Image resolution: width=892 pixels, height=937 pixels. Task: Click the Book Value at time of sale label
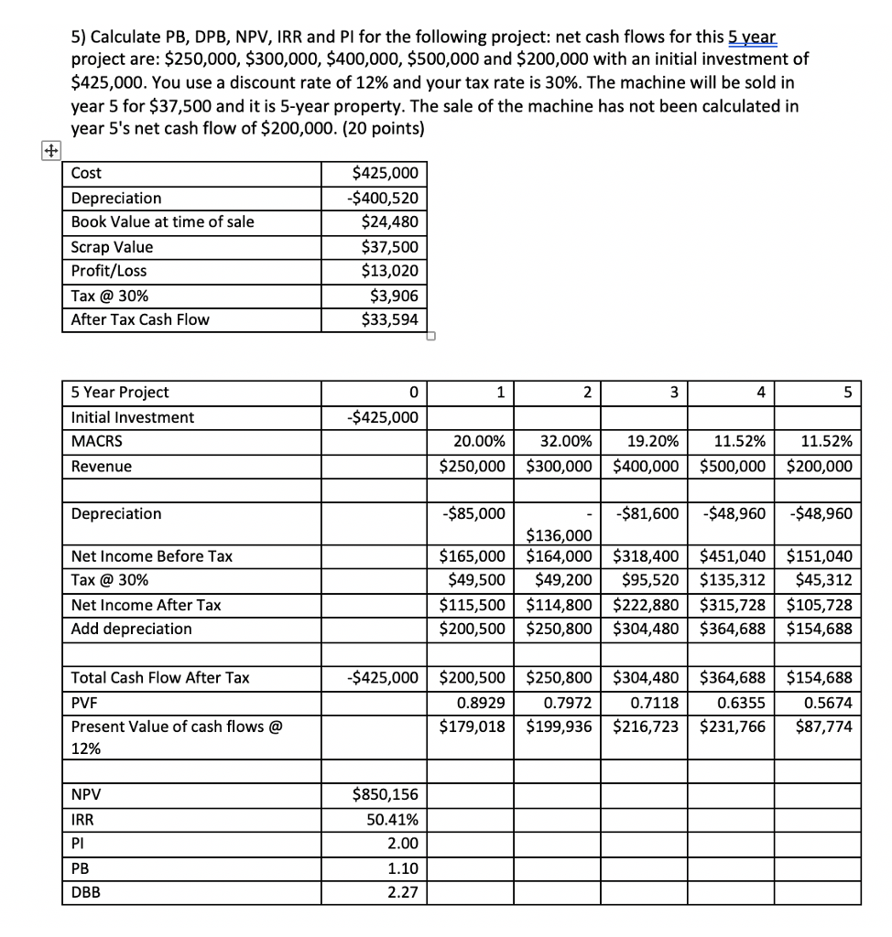(163, 222)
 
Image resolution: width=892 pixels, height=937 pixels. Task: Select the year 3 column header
(673, 392)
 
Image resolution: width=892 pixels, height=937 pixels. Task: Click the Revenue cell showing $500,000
(733, 466)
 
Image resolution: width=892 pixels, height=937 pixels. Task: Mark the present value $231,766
(733, 727)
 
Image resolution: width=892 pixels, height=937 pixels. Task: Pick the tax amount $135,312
(733, 580)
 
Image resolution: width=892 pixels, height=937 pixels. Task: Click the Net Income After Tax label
(146, 605)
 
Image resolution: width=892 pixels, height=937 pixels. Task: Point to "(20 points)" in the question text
(381, 128)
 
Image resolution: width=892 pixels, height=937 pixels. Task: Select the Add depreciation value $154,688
(820, 629)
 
